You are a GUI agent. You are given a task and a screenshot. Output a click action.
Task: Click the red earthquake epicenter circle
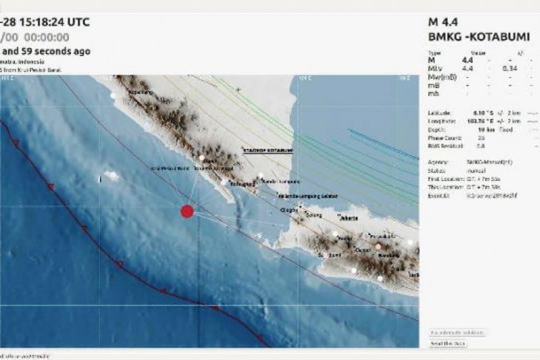187,211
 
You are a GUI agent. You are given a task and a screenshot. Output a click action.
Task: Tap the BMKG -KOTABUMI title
471,35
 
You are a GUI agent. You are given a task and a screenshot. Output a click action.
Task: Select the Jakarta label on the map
347,218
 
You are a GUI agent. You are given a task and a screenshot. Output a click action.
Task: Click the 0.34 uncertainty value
510,68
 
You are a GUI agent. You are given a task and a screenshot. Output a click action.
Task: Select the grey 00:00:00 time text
47,36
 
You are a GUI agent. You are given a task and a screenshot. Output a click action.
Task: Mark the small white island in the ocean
112,176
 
